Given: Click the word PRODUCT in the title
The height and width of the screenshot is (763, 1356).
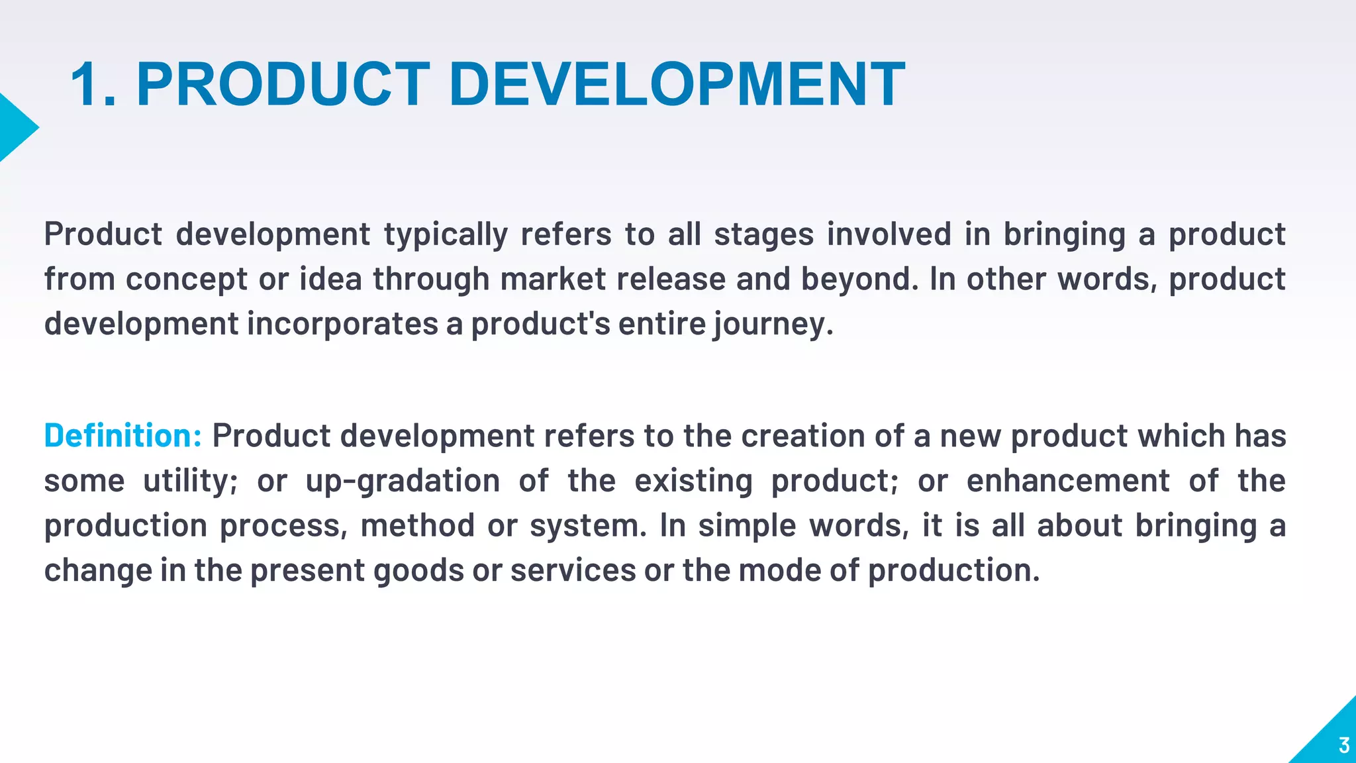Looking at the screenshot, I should (283, 84).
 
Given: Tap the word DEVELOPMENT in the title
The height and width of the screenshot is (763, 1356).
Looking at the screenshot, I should (677, 84).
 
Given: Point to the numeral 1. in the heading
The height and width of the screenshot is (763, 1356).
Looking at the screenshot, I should (93, 84).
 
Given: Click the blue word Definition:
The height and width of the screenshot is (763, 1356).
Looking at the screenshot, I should (122, 436).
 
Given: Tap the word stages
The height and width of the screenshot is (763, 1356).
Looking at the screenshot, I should (763, 234).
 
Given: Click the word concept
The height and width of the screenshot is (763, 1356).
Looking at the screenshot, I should (187, 280).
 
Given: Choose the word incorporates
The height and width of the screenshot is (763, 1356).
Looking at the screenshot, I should (342, 324).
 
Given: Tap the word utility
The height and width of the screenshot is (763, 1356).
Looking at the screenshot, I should (190, 481).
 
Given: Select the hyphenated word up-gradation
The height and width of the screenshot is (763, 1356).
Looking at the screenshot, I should (403, 481).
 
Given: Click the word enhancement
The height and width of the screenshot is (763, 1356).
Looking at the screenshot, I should (1067, 481).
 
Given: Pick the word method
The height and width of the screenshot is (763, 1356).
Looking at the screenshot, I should (417, 526).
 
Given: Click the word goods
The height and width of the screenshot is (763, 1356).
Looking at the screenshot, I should (418, 570).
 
